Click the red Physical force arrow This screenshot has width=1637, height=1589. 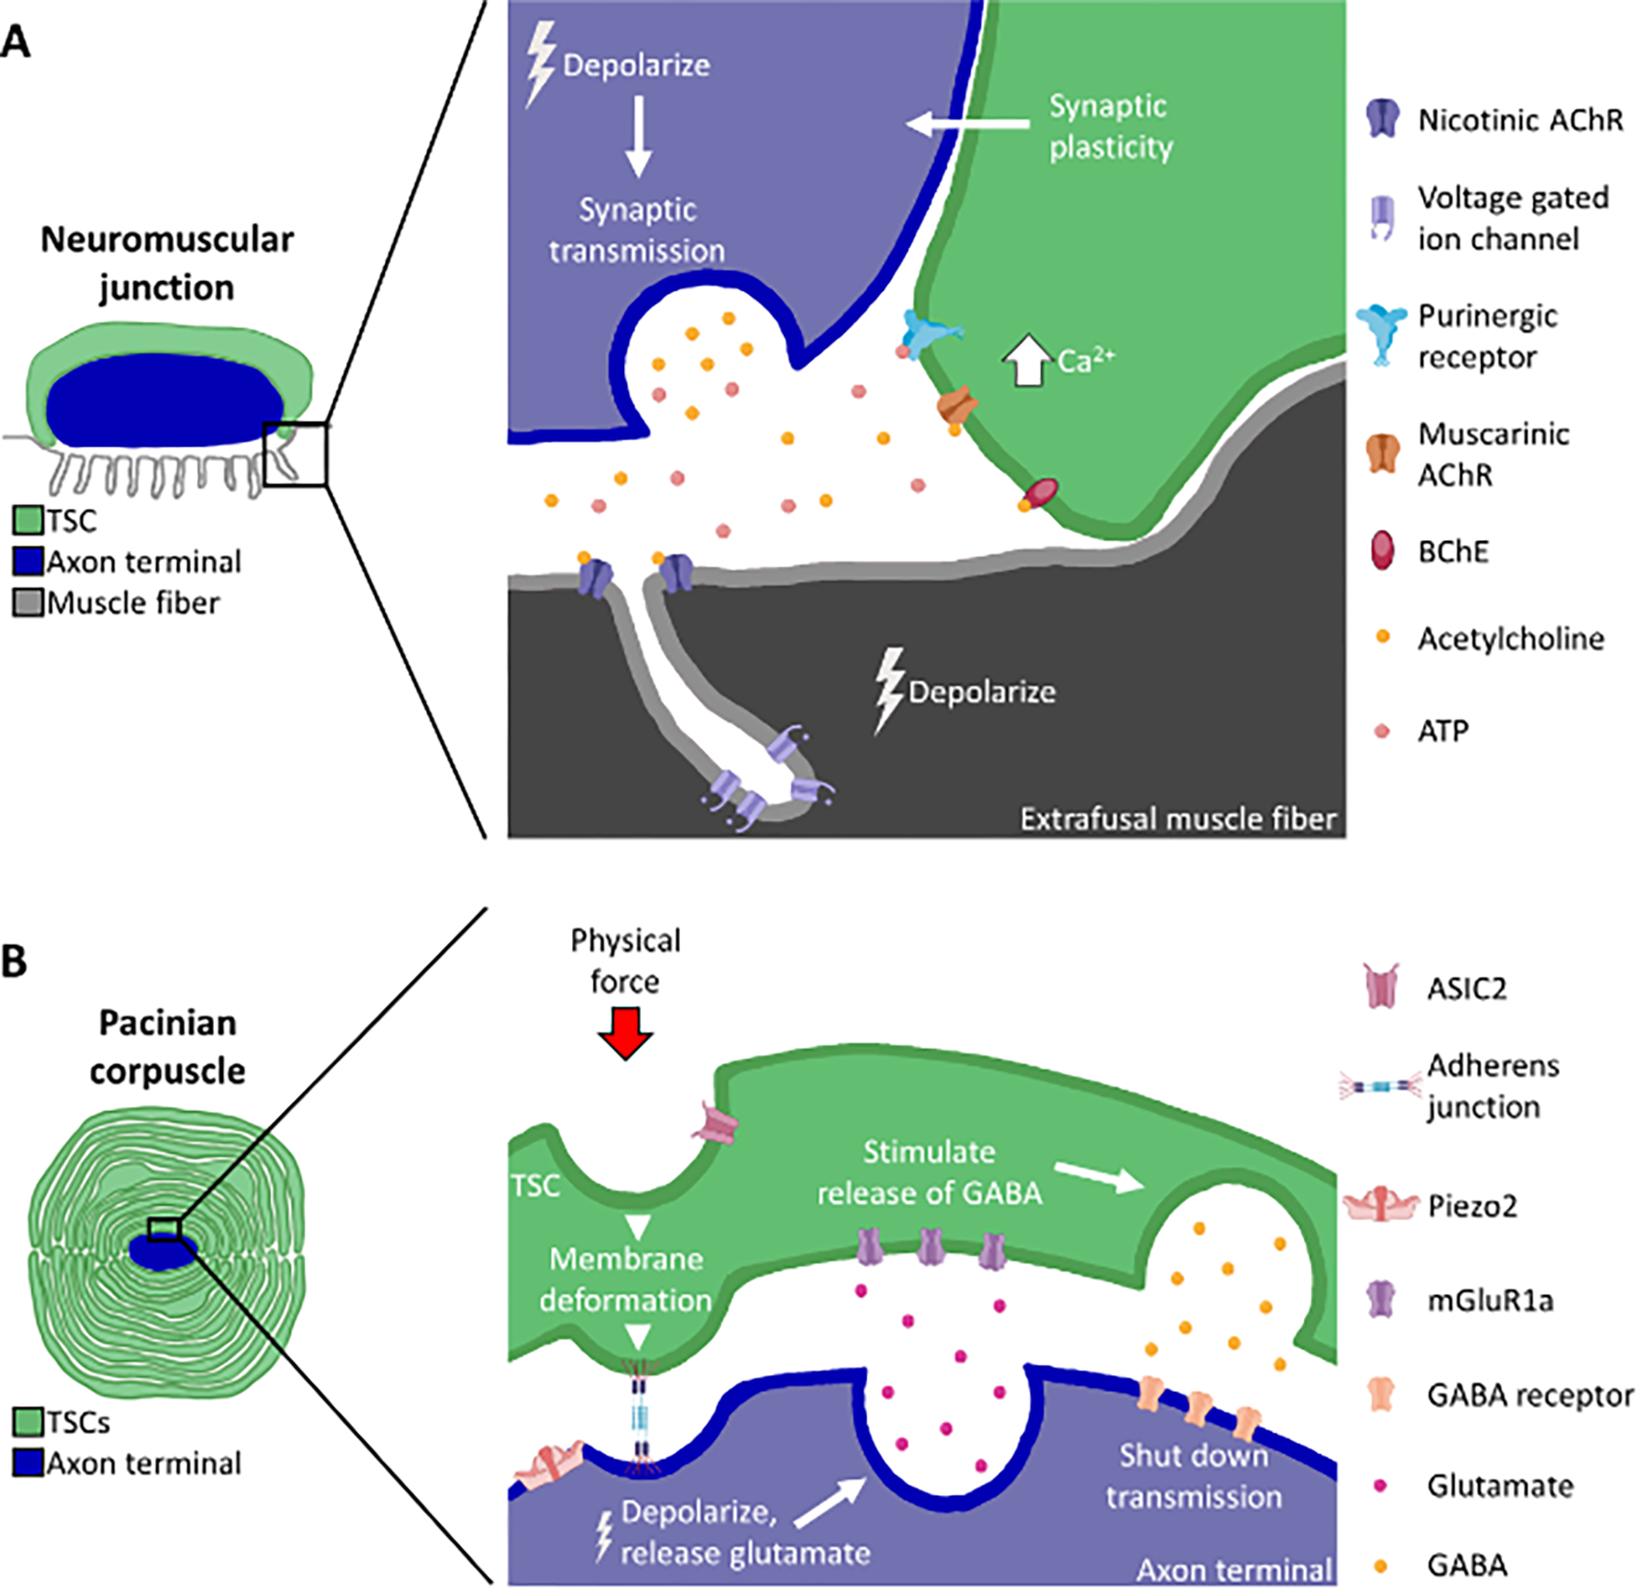tap(625, 1033)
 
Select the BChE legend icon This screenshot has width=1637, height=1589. tap(1382, 550)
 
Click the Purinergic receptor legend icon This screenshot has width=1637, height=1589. tap(1383, 334)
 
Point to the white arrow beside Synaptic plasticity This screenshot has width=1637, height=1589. tap(967, 123)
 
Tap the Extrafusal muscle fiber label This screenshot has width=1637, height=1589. tap(1178, 819)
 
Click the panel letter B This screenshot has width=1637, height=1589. tap(15, 961)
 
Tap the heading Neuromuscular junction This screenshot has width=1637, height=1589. tap(167, 263)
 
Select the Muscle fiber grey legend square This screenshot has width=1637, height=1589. tap(28, 603)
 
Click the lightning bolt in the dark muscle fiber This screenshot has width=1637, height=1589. tap(889, 690)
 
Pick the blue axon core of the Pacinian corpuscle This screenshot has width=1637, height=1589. tap(163, 1251)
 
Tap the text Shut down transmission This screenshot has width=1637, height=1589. tap(1193, 1476)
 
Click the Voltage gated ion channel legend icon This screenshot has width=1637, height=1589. tap(1382, 218)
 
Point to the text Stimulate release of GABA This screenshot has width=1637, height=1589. tap(929, 1172)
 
